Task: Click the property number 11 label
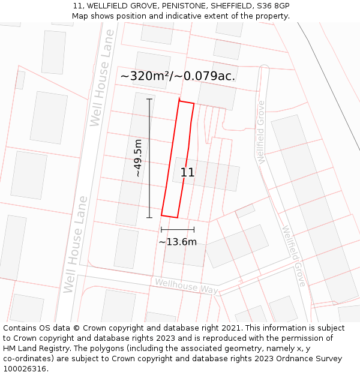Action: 187,172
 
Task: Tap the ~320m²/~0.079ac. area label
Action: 178,76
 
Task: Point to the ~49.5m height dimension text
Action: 138,158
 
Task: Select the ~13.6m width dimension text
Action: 178,242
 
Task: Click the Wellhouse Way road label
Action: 185,287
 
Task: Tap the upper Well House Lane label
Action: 102,78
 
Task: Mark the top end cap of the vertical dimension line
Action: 149,99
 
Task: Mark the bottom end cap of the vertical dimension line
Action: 149,218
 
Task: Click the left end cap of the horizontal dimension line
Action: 161,229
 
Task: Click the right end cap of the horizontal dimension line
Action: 194,229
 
